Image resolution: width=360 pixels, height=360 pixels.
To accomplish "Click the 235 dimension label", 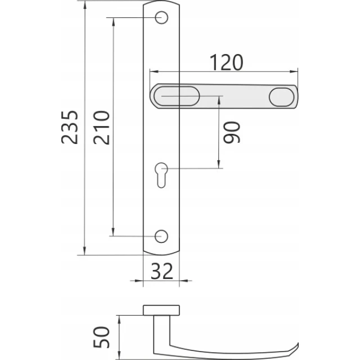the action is tap(70, 128).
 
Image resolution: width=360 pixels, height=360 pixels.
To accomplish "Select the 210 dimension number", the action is tap(101, 128).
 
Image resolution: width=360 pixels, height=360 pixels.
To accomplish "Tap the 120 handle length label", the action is tap(226, 62).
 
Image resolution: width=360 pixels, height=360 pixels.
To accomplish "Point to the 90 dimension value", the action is tap(232, 133).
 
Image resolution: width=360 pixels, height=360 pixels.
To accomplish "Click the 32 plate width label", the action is tap(161, 271).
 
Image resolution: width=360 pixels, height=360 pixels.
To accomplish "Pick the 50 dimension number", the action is tap(101, 337).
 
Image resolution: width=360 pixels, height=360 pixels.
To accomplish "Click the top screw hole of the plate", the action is tap(161, 17).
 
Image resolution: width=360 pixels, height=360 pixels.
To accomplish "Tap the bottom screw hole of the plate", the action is tap(161, 236).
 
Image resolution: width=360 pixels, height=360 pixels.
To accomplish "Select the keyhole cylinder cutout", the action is tap(161, 175).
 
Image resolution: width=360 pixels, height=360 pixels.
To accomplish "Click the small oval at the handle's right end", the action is tap(282, 97).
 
